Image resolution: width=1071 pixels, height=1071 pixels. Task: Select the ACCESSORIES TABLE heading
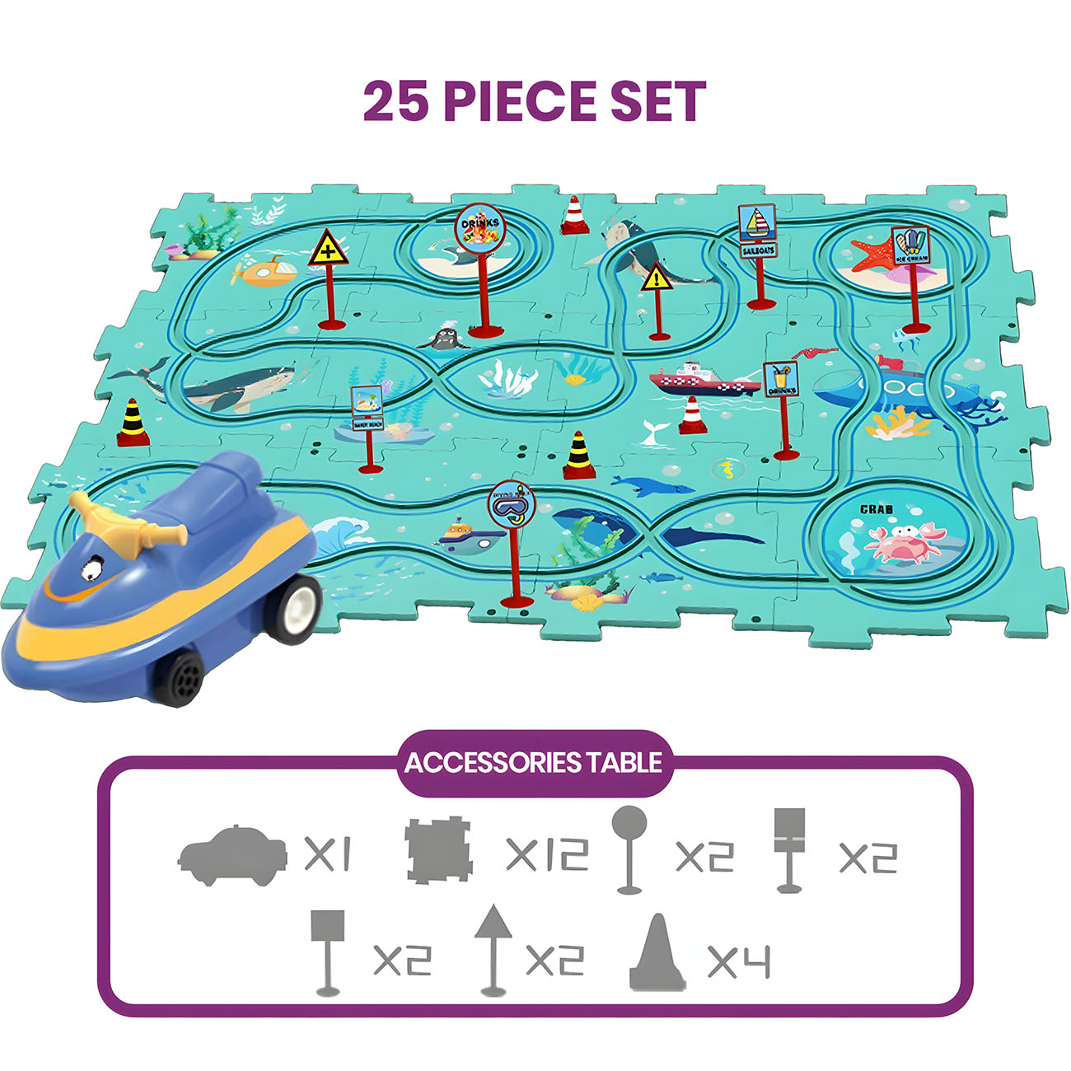point(533,763)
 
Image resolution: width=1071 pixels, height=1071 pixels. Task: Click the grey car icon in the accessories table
point(232,854)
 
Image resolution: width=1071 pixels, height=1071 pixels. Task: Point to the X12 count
point(547,854)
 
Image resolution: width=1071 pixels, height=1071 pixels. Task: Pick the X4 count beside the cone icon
point(739,961)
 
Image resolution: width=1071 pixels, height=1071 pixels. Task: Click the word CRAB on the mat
point(877,509)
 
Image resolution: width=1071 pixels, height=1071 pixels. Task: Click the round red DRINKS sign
point(480,227)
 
